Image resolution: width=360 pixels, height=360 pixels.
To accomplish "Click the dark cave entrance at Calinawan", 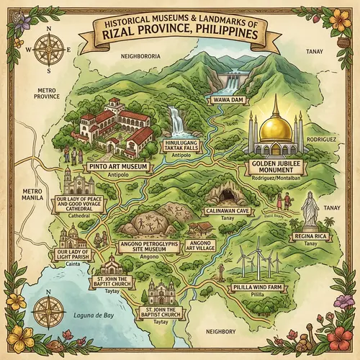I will point(221,195).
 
